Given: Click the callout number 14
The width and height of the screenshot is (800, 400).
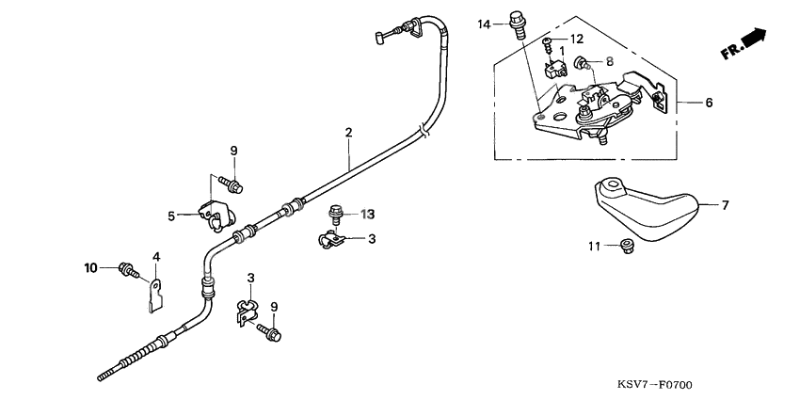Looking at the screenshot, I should click(484, 23).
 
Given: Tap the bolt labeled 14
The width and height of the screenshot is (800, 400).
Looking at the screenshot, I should click(515, 22).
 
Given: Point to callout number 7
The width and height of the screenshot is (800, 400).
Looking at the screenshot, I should click(726, 204).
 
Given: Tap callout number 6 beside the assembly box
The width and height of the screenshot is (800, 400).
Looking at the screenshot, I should click(709, 102).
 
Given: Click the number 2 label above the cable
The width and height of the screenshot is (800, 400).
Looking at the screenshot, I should click(348, 133).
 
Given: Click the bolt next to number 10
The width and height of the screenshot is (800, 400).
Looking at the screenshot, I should click(127, 271).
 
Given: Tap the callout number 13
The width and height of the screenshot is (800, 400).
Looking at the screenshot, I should click(368, 214).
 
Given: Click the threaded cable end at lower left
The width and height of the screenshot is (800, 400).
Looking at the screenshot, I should click(118, 370).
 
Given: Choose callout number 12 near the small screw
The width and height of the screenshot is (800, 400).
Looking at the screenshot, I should click(577, 39).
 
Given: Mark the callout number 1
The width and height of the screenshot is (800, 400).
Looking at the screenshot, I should click(562, 51).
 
